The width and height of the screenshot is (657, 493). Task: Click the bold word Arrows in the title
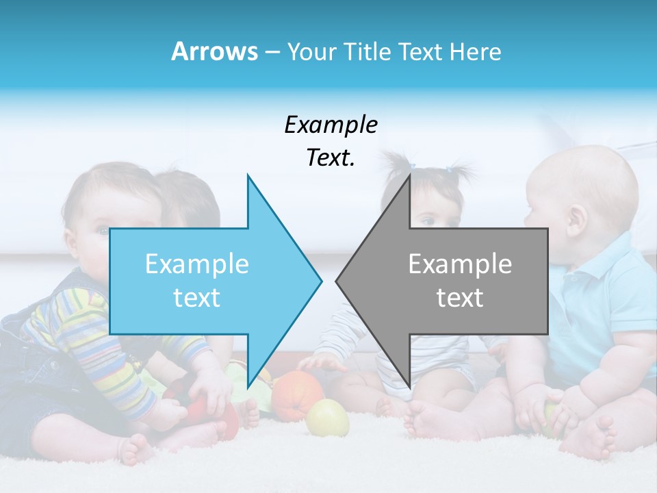click(x=214, y=51)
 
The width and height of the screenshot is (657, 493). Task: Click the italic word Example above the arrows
click(x=331, y=125)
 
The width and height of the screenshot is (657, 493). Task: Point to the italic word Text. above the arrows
click(x=331, y=157)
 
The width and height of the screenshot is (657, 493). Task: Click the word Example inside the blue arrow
click(x=197, y=264)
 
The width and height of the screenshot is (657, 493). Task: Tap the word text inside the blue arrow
click(x=197, y=297)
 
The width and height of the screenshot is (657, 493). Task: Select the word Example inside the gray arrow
click(x=460, y=264)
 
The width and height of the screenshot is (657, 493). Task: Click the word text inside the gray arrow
click(x=460, y=297)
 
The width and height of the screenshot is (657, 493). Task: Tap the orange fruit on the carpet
click(x=297, y=395)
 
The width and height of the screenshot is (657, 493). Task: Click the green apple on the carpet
click(x=327, y=418)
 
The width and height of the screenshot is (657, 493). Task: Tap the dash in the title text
click(x=272, y=52)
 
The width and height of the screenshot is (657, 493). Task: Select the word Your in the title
click(x=312, y=51)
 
